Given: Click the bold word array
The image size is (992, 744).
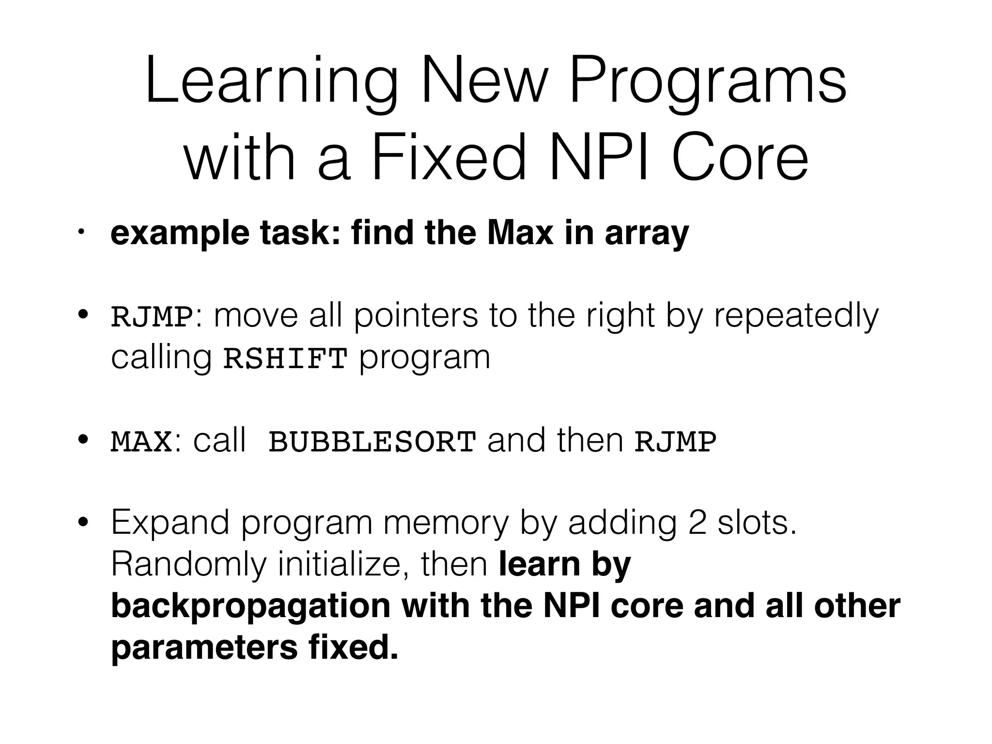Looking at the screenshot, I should (647, 234).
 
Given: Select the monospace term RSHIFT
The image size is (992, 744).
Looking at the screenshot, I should (285, 359).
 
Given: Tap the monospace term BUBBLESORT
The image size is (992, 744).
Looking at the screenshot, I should (372, 442).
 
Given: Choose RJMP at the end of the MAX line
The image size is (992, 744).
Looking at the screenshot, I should (675, 442).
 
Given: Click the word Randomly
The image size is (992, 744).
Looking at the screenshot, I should (189, 565).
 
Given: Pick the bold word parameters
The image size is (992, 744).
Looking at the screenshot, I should (204, 649).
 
